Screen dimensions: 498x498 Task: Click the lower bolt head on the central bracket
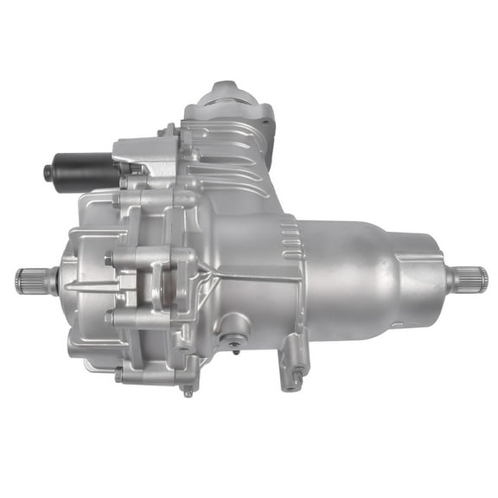110,317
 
